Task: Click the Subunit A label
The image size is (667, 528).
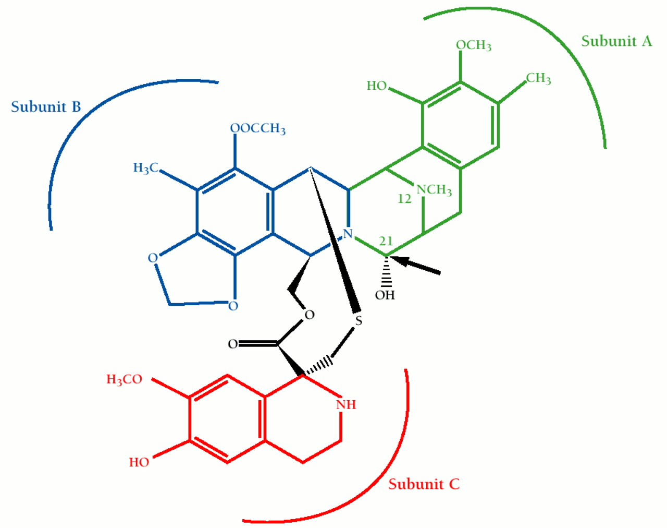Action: (x=616, y=41)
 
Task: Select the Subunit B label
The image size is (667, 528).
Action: (x=46, y=107)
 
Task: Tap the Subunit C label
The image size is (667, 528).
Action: (x=424, y=484)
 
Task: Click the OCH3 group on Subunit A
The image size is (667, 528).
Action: (x=474, y=45)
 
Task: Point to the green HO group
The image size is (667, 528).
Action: (x=377, y=86)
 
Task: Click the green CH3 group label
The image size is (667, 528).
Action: (x=538, y=79)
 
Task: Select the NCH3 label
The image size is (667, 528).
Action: (x=434, y=189)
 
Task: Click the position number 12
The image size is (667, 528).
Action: (x=404, y=199)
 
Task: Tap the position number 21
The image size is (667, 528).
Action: (x=386, y=241)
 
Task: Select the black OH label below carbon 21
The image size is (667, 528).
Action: (x=385, y=295)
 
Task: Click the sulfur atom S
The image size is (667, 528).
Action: (x=359, y=321)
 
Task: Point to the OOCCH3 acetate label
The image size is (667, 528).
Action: (x=258, y=128)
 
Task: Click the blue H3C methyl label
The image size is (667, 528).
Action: (x=146, y=168)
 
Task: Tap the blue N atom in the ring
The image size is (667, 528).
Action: (x=348, y=234)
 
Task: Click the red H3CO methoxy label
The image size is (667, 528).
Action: (x=124, y=379)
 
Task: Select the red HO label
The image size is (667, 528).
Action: (x=139, y=462)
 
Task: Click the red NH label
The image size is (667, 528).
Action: (x=346, y=404)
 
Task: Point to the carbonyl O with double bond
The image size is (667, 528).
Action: (x=233, y=344)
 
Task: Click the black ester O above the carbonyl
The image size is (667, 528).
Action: (x=310, y=315)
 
